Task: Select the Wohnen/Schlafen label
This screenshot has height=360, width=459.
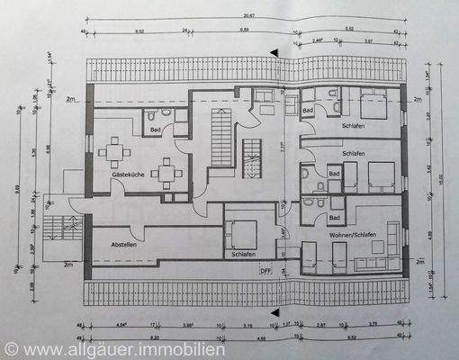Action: click(353, 235)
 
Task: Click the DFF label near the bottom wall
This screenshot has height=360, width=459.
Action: click(265, 269)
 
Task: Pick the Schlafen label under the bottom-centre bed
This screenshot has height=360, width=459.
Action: click(243, 255)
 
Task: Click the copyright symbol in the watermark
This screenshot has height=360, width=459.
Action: click(10, 347)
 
